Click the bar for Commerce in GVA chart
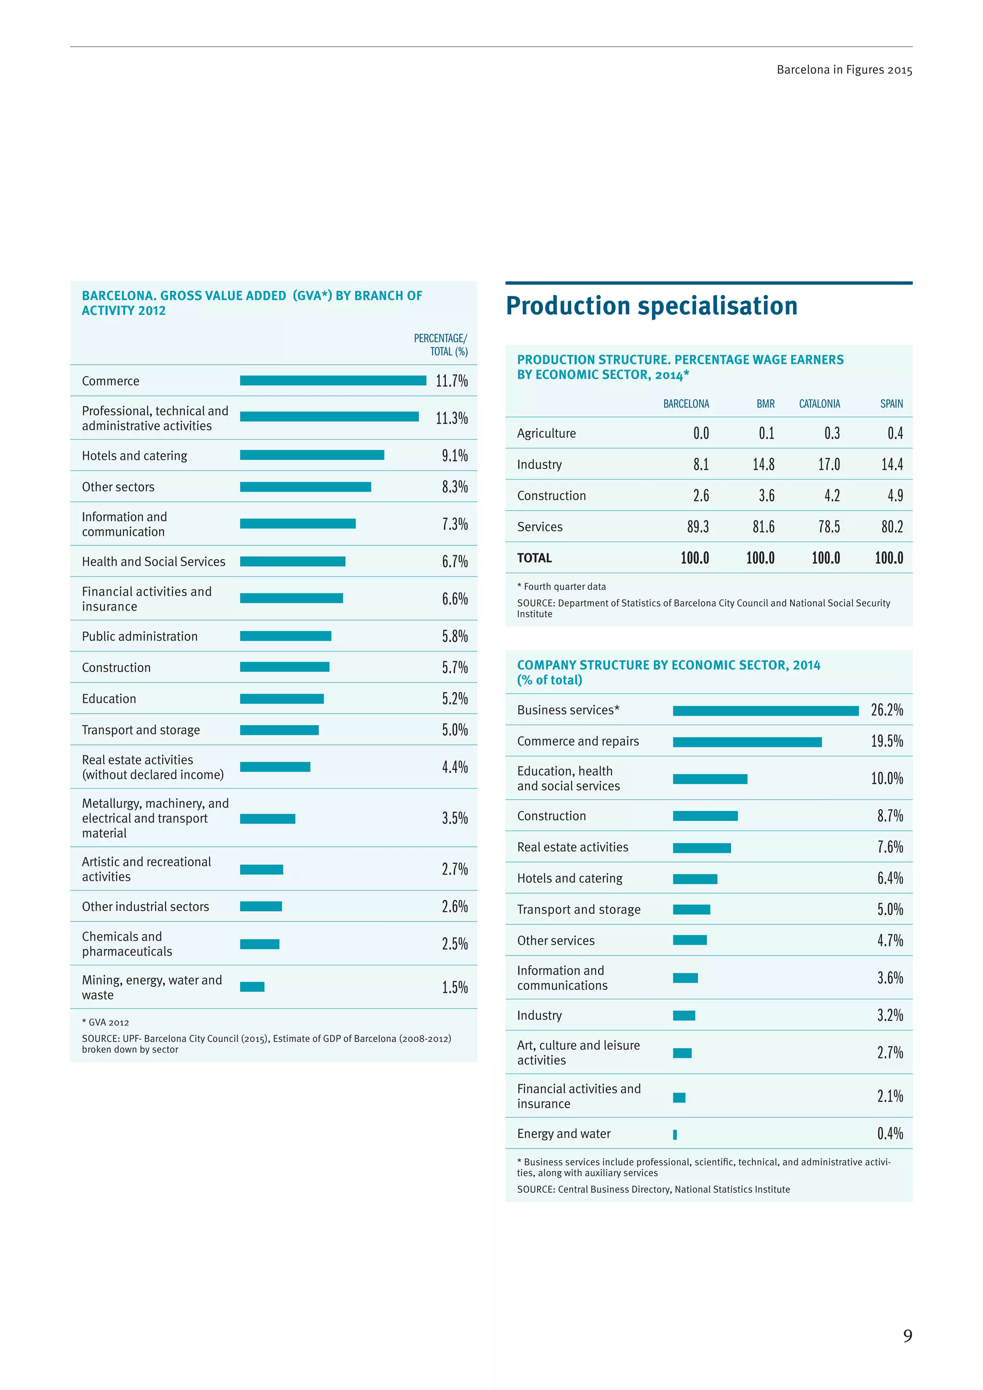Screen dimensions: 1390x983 333,380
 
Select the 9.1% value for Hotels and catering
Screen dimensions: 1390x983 455,455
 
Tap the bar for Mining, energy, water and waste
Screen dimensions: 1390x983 252,987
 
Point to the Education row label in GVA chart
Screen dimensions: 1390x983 109,699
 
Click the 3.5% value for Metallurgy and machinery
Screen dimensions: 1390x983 455,818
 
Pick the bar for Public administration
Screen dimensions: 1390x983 285,635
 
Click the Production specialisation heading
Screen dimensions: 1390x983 651,306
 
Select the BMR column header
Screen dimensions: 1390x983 765,404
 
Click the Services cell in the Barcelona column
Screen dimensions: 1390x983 697,527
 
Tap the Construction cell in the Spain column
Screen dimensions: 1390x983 895,496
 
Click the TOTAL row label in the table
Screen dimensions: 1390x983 534,558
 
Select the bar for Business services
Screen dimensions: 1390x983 765,711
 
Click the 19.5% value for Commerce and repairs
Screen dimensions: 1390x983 887,741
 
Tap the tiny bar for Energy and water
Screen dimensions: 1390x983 675,1135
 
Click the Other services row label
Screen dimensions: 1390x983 556,941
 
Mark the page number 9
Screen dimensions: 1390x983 907,1336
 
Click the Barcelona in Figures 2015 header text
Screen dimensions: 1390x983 844,70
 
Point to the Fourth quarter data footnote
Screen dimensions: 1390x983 561,587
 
